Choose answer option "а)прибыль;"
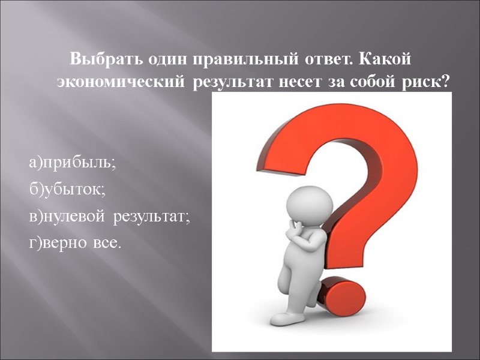point(72,162)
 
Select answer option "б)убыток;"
point(67,190)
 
